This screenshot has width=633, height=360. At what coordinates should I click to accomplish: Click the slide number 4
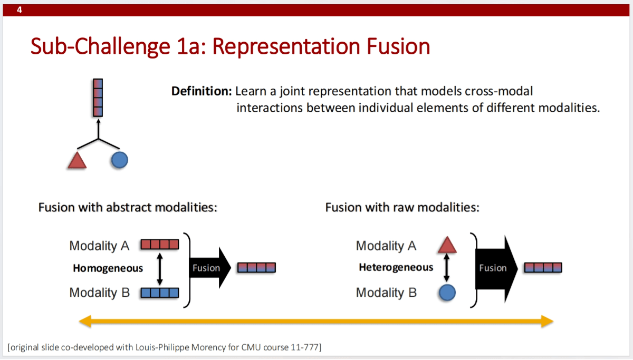(x=20, y=9)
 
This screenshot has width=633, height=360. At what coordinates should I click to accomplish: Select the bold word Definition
(x=202, y=91)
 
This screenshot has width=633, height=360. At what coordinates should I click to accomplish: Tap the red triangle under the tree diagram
(x=77, y=160)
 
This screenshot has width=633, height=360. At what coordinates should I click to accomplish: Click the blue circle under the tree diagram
(x=119, y=160)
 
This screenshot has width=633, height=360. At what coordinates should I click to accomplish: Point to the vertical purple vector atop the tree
(x=98, y=97)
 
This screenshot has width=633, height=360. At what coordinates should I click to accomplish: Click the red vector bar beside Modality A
(x=160, y=245)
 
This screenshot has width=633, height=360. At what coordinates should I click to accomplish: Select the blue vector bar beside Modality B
(x=160, y=293)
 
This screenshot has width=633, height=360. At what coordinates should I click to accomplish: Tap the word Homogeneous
(x=108, y=268)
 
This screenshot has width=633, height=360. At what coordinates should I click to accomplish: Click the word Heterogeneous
(x=396, y=267)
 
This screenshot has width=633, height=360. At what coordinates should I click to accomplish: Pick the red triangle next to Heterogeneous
(x=447, y=245)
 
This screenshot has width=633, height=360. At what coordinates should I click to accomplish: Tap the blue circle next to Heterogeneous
(x=447, y=293)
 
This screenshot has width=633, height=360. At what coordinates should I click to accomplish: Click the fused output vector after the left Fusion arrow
(x=257, y=268)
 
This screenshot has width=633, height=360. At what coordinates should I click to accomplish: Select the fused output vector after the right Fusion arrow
(x=543, y=268)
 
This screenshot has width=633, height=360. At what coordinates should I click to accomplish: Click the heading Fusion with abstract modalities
(x=128, y=207)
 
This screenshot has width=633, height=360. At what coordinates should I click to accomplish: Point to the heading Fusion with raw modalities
(x=402, y=207)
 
